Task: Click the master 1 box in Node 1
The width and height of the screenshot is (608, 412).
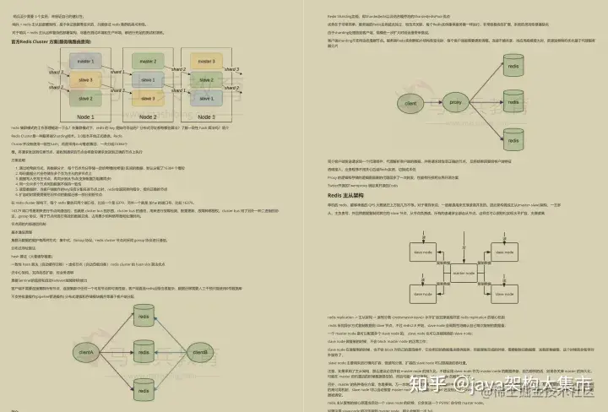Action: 85,62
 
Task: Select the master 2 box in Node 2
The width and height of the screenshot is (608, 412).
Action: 148,62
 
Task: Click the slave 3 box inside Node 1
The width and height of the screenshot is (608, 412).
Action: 85,79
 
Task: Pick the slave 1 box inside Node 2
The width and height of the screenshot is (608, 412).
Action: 148,79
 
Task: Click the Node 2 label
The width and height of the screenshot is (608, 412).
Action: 148,117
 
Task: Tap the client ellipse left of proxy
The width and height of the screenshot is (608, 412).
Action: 411,104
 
